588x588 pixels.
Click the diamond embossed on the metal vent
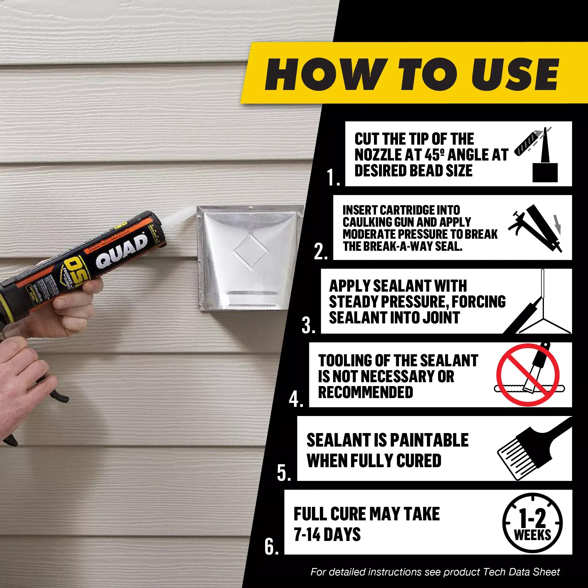pyautogui.click(x=250, y=252)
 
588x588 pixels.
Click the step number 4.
pyautogui.click(x=296, y=399)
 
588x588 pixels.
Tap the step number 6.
pyautogui.click(x=271, y=547)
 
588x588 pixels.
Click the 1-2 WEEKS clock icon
pyautogui.click(x=532, y=523)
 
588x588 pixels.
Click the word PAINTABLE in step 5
pyautogui.click(x=429, y=440)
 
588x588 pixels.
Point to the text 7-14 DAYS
pyautogui.click(x=327, y=534)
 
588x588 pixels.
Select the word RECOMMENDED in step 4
pyautogui.click(x=365, y=392)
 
